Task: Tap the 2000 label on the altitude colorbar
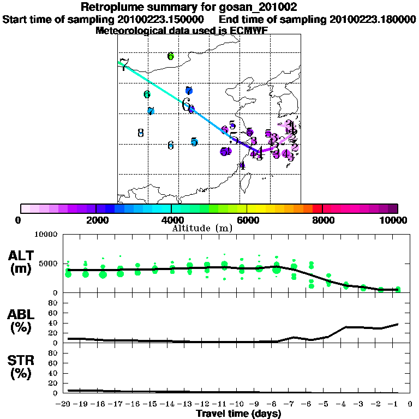point(95,220)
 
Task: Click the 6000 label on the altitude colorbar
point(247,220)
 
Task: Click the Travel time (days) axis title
point(238,414)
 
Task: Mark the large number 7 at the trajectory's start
point(124,65)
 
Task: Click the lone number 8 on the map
point(140,133)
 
